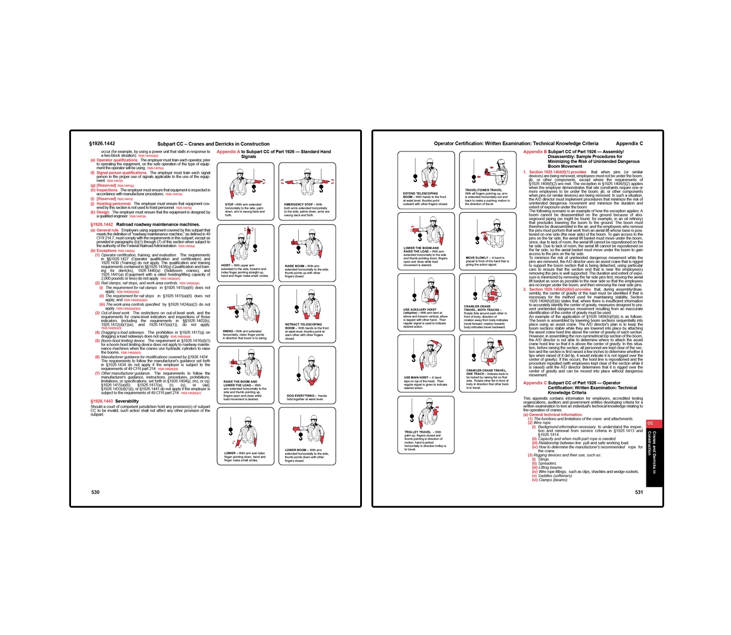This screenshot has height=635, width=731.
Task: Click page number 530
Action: pos(95,492)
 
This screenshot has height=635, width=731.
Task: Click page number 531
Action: pos(639,492)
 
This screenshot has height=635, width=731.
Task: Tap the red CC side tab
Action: pos(651,423)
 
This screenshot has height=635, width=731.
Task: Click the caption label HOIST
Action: pos(226,265)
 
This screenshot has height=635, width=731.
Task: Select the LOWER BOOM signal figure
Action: pos(306,431)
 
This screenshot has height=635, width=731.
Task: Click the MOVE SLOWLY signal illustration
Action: pos(487,234)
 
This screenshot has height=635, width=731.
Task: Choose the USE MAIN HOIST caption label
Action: pos(416,377)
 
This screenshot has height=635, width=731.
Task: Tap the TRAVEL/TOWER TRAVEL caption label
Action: pos(483,190)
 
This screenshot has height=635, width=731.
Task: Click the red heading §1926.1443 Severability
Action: pos(114,401)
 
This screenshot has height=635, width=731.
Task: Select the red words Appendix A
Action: pos(228,151)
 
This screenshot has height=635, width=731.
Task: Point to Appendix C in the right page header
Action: pos(629,143)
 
